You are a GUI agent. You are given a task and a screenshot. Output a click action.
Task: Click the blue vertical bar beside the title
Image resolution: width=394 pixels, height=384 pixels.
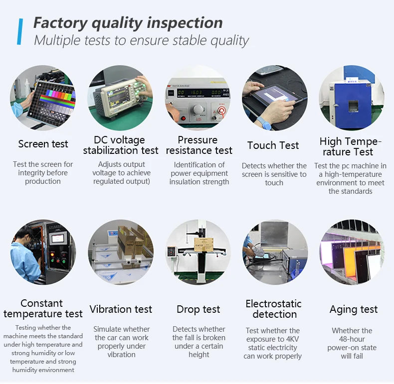pyautogui.click(x=20, y=31)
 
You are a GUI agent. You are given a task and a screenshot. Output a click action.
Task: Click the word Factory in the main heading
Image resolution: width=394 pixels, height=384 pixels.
pyautogui.click(x=60, y=23)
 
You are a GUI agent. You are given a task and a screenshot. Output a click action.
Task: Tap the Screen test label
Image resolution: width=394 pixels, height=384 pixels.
pyautogui.click(x=43, y=144)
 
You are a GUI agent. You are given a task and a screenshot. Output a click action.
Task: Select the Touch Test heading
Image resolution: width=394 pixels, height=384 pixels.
pyautogui.click(x=273, y=145)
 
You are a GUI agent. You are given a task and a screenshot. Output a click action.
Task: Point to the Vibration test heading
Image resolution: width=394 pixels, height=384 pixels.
pyautogui.click(x=121, y=309)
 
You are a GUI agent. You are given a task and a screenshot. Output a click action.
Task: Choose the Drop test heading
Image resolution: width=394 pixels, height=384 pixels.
pyautogui.click(x=198, y=309)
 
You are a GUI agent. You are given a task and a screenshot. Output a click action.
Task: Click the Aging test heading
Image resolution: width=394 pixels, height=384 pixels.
pyautogui.click(x=354, y=309)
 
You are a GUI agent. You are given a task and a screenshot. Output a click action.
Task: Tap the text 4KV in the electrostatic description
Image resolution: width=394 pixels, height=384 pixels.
pyautogui.click(x=292, y=339)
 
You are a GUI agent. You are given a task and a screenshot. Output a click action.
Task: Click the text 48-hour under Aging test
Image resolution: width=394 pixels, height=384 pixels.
pyautogui.click(x=352, y=339)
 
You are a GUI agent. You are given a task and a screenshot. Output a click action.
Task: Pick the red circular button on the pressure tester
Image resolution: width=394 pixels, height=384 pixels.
pyautogui.click(x=221, y=111)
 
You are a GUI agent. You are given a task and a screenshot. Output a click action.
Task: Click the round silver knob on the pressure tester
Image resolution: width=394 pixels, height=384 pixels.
pyautogui.click(x=198, y=110)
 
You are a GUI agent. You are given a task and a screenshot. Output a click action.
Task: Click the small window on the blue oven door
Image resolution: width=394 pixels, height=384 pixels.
pyautogui.click(x=353, y=106)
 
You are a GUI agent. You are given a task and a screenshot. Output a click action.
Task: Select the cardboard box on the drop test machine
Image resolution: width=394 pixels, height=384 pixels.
pyautogui.click(x=203, y=245)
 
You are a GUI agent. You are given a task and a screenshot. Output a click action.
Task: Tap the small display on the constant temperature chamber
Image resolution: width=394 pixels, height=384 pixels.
pyautogui.click(x=57, y=239)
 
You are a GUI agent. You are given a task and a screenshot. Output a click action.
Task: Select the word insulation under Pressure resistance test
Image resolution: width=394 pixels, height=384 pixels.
pyautogui.click(x=184, y=182)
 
